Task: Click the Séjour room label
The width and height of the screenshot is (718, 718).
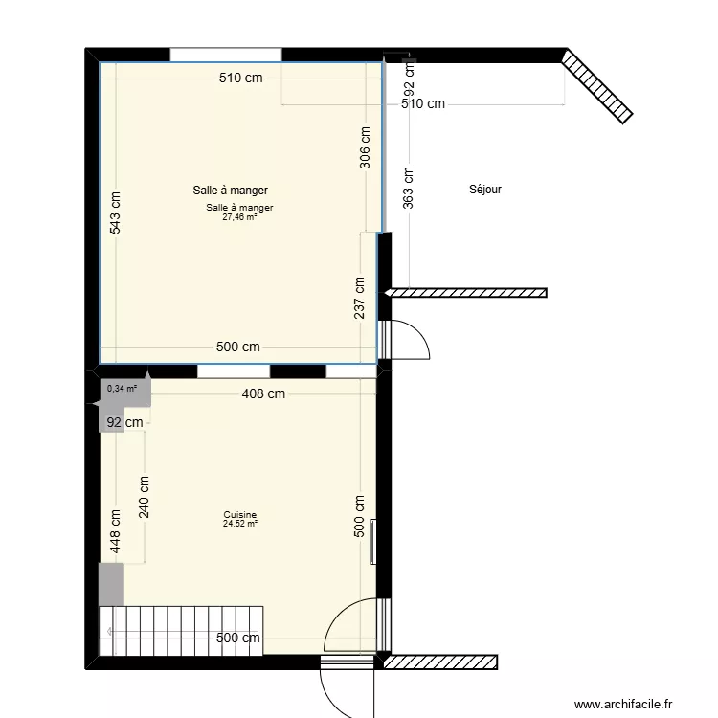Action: pos(485,190)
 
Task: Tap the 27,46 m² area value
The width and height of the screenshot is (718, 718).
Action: pos(239,217)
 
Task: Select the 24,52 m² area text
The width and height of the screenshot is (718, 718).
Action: pos(239,524)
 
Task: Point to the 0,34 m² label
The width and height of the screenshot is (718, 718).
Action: pos(122,389)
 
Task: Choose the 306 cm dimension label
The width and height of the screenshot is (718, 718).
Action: pos(365,147)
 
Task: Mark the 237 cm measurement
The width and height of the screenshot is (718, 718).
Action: pos(360,297)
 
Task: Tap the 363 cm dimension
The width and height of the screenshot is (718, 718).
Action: pos(409,188)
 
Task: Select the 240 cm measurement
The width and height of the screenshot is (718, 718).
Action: pos(144,497)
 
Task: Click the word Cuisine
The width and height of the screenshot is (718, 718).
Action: pos(239,515)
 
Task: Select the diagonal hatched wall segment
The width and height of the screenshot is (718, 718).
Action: pos(597,85)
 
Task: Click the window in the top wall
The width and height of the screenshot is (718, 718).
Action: pos(226,55)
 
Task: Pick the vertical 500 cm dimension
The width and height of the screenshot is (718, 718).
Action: pos(360,517)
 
